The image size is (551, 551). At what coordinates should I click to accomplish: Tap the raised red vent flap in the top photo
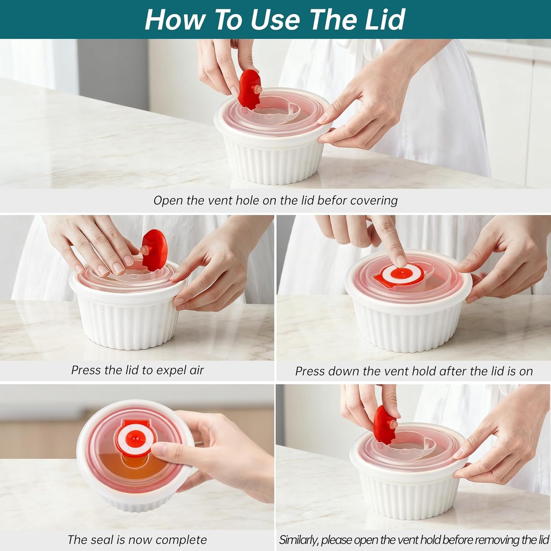[x=249, y=89]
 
